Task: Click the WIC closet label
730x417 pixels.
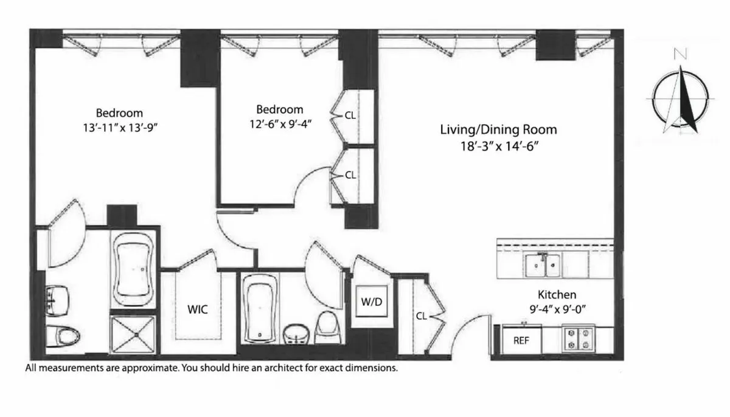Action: point(197,309)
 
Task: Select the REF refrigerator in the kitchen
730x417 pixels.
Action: point(521,340)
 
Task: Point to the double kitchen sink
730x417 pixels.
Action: point(543,263)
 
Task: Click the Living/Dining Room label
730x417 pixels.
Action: point(498,129)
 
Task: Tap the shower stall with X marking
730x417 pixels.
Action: point(134,334)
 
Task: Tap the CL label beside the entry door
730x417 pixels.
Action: point(421,315)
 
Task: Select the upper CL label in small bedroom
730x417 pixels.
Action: point(350,114)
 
